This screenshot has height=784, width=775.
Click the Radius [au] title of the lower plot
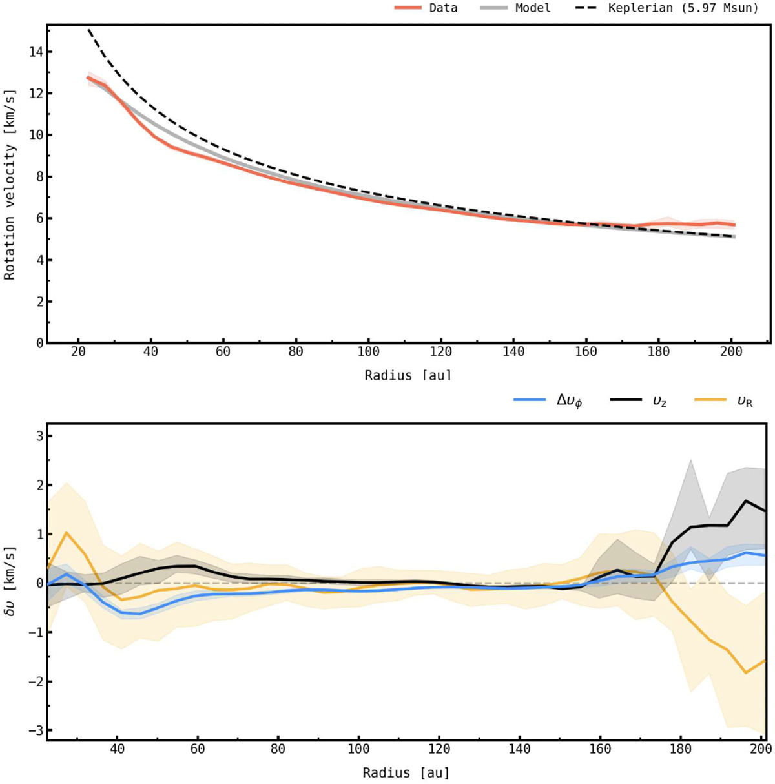tap(406, 773)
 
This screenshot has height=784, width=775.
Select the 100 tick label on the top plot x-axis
tap(368, 352)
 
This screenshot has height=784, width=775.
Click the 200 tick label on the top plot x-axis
tap(730, 352)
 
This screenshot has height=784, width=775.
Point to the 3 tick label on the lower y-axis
tap(39, 436)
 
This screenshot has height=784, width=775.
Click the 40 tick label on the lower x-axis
tap(117, 749)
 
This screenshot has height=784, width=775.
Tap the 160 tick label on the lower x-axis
tap(600, 749)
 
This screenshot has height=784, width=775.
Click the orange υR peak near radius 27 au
tap(66, 533)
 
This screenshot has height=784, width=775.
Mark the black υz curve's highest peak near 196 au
tap(746, 500)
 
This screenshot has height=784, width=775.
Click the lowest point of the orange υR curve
tap(746, 673)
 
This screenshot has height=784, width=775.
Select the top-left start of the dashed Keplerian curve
tap(88, 30)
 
